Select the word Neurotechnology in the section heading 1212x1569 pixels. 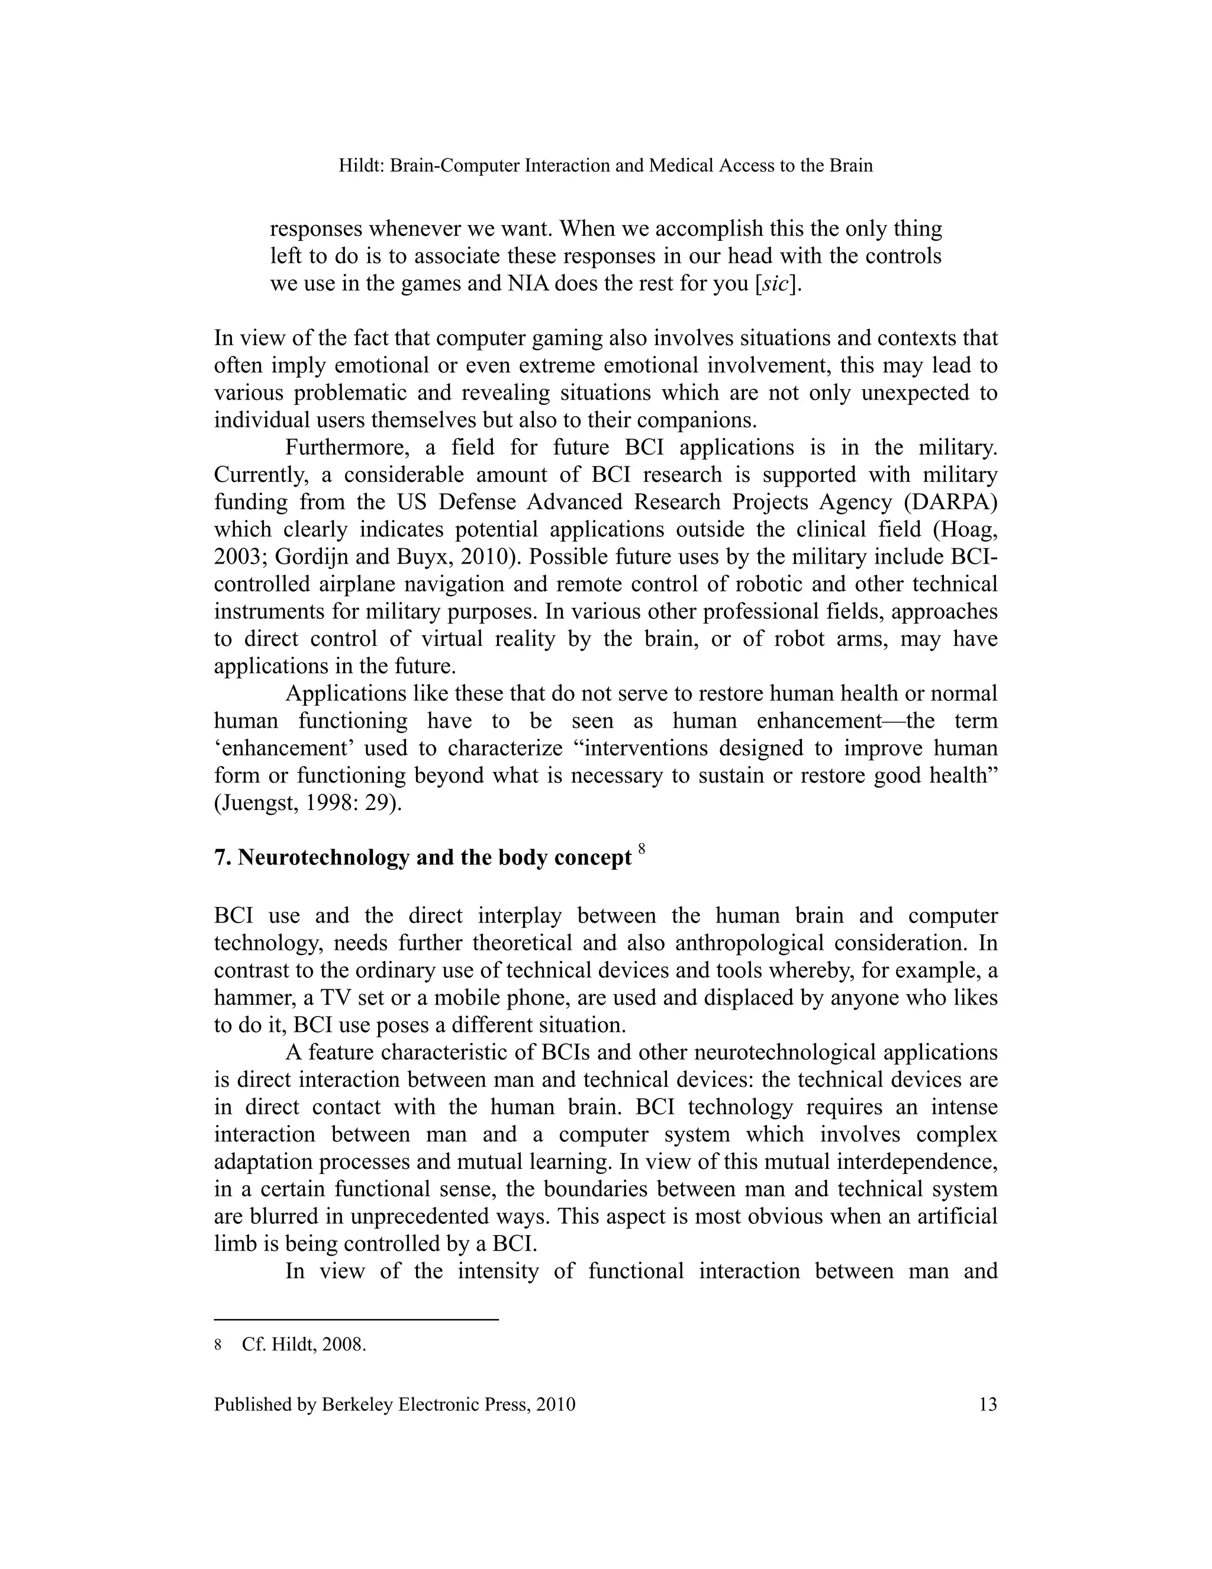(x=323, y=857)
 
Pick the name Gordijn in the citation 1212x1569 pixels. (x=307, y=557)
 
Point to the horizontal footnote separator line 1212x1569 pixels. (x=356, y=1320)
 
